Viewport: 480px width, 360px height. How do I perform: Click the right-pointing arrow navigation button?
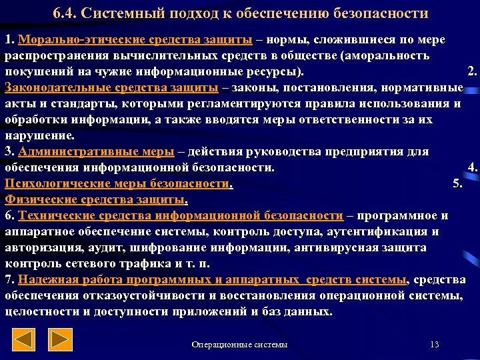point(61,340)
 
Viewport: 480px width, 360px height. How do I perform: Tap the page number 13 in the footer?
point(435,344)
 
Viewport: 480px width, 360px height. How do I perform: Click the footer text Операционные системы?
point(239,344)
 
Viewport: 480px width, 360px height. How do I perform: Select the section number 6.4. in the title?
point(65,13)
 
